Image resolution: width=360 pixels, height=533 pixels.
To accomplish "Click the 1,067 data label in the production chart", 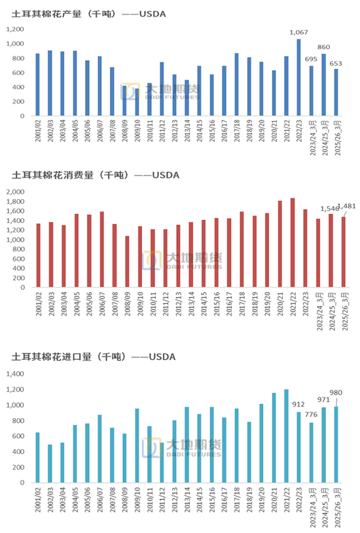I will [x=298, y=32].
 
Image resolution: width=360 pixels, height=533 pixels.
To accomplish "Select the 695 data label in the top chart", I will [x=311, y=60].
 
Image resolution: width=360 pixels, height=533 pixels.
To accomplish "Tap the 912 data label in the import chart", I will [x=298, y=403].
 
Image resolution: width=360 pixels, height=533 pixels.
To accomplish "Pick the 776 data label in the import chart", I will [x=311, y=414].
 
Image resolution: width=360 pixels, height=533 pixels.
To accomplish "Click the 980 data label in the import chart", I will [x=336, y=393].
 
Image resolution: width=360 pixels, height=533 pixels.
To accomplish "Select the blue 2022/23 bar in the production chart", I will [x=298, y=77].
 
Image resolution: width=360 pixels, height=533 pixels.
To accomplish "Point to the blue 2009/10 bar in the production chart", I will [x=137, y=103].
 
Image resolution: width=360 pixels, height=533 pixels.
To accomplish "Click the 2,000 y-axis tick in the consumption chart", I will [x=16, y=192].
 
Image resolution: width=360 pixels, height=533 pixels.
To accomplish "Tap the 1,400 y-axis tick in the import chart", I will [x=16, y=375].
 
